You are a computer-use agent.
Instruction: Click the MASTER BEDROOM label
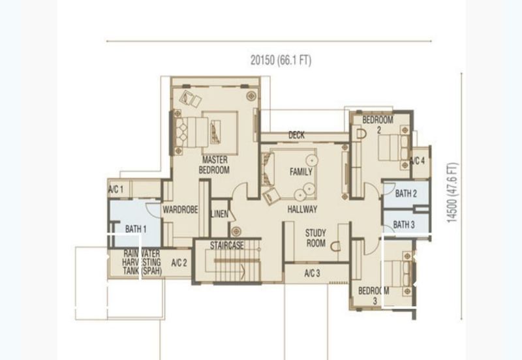pyautogui.click(x=215, y=165)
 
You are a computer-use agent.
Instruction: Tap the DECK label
pyautogui.click(x=296, y=135)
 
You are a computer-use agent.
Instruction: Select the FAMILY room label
pyautogui.click(x=301, y=172)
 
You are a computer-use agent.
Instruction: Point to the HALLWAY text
pyautogui.click(x=302, y=209)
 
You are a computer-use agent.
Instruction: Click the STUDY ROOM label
pyautogui.click(x=316, y=238)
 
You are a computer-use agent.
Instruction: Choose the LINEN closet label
pyautogui.click(x=219, y=214)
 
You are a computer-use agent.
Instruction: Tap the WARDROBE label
pyautogui.click(x=180, y=209)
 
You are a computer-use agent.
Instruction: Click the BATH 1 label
pyautogui.click(x=136, y=229)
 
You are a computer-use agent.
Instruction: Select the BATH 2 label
pyautogui.click(x=406, y=193)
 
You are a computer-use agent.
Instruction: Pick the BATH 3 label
pyautogui.click(x=404, y=224)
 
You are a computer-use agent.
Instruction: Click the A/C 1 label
pyautogui.click(x=116, y=189)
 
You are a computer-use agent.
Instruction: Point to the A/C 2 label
pyautogui.click(x=179, y=263)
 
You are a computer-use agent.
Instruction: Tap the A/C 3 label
pyautogui.click(x=313, y=273)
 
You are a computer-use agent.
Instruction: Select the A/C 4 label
pyautogui.click(x=418, y=161)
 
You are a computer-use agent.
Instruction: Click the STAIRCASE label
pyautogui.click(x=226, y=246)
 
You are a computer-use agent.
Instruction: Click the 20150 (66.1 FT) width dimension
pyautogui.click(x=281, y=60)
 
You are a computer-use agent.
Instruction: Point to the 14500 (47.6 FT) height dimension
pyautogui.click(x=452, y=192)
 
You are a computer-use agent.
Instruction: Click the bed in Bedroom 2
pyautogui.click(x=393, y=148)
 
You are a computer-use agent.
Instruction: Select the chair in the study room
pyautogui.click(x=336, y=247)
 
